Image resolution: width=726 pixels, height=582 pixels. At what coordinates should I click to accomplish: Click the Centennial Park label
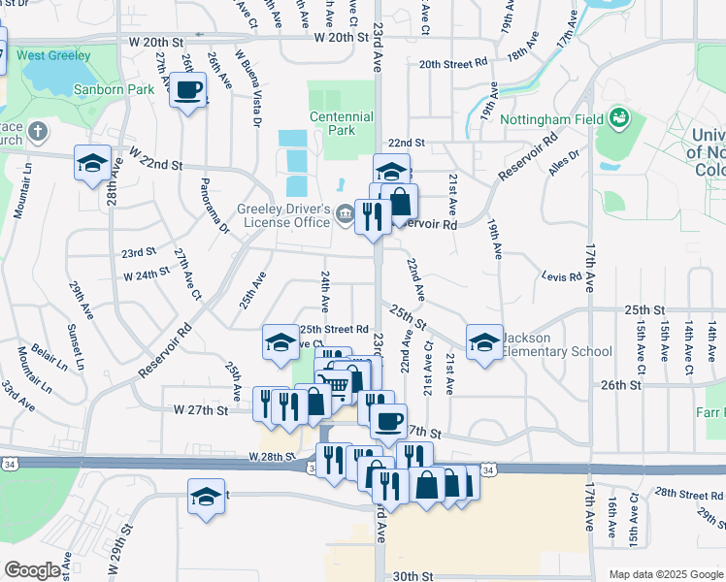tap(342, 123)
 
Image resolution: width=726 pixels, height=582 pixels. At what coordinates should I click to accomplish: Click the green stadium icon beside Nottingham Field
tap(618, 119)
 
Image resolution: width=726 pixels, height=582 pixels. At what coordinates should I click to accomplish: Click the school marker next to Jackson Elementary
tap(484, 341)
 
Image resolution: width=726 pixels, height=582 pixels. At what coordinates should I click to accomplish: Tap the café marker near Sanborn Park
tap(188, 92)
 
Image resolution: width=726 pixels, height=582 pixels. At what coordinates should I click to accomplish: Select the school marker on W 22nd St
tap(92, 162)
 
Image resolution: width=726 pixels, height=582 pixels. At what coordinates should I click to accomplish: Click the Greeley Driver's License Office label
tap(284, 215)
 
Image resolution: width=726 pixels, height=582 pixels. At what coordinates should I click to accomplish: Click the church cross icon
tap(37, 131)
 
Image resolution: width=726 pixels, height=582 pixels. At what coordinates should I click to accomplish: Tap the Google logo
tap(33, 569)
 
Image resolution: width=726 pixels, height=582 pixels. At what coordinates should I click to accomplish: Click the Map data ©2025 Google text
tap(665, 574)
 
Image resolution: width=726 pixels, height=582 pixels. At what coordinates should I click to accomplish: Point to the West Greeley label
tap(53, 56)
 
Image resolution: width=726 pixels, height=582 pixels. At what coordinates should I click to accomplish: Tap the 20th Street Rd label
tap(453, 63)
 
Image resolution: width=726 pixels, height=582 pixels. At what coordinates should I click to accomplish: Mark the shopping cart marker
tap(334, 385)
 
